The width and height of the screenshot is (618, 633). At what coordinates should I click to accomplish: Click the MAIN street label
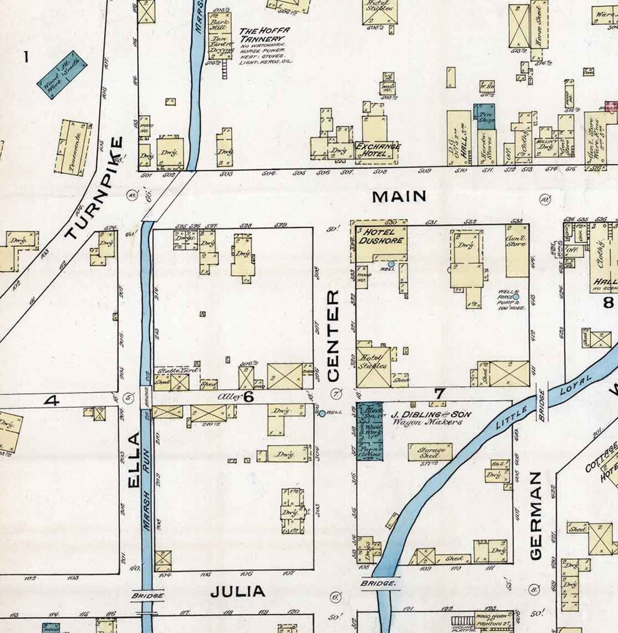click(x=399, y=196)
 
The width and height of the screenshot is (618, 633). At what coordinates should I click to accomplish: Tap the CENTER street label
click(x=333, y=336)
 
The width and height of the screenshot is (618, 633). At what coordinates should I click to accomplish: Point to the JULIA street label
click(x=237, y=591)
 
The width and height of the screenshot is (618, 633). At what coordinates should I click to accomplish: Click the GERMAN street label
click(x=535, y=516)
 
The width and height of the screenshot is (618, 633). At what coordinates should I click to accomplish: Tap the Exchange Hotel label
click(x=378, y=150)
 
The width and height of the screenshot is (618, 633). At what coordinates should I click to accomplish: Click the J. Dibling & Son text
click(x=430, y=414)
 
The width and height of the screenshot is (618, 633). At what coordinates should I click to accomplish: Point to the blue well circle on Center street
click(x=322, y=413)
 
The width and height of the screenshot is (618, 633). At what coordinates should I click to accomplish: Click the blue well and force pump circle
click(x=516, y=297)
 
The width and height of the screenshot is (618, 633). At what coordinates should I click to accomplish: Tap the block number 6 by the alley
click(x=248, y=397)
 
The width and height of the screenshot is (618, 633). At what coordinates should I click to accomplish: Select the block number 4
click(x=52, y=401)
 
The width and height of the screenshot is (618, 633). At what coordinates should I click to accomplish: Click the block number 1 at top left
click(x=25, y=56)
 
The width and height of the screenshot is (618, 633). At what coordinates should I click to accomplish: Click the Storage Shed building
click(x=430, y=453)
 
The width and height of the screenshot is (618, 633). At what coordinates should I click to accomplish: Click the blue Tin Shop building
click(x=484, y=117)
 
